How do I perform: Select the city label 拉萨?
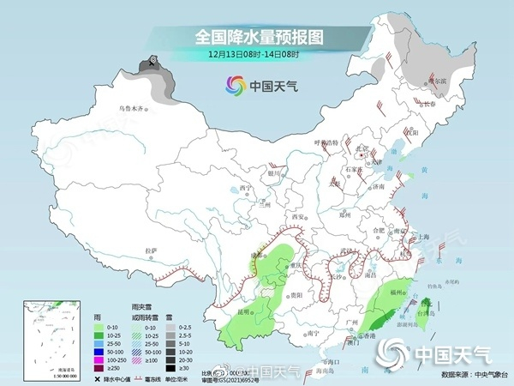point(152,250)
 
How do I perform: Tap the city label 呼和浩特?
point(326,142)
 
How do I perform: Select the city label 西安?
point(298,217)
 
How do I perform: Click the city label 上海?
point(422,237)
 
